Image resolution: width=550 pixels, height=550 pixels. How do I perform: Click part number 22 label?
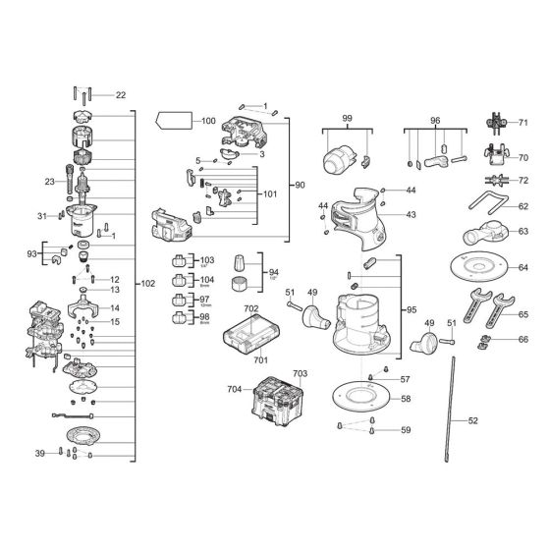pyautogui.click(x=121, y=95)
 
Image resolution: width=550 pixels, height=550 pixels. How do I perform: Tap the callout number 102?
pyautogui.click(x=148, y=284)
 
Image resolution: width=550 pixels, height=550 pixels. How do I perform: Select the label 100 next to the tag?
pyautogui.click(x=208, y=121)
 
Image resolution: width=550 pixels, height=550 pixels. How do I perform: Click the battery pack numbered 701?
pyautogui.click(x=247, y=336)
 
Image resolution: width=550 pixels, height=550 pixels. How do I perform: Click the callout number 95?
pyautogui.click(x=412, y=310)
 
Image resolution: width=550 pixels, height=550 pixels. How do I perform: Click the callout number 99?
pyautogui.click(x=347, y=118)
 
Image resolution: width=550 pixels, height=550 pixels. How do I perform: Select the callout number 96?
pyautogui.click(x=435, y=118)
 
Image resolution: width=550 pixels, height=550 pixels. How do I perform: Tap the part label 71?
pyautogui.click(x=523, y=123)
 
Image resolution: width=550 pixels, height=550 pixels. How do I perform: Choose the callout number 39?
pyautogui.click(x=40, y=453)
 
